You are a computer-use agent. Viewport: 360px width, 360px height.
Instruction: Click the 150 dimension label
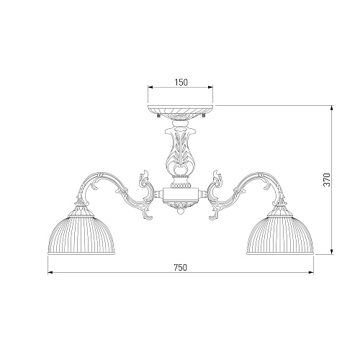(x=181, y=82)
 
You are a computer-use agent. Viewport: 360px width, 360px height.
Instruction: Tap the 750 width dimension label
(x=180, y=267)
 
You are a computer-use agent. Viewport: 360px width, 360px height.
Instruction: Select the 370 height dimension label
(x=327, y=180)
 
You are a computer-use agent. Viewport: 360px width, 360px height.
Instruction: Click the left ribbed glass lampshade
(x=81, y=235)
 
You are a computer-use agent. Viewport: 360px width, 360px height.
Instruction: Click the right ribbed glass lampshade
(x=280, y=235)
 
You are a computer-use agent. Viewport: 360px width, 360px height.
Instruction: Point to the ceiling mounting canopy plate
(x=181, y=110)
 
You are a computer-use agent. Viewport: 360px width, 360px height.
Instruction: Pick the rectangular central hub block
(x=181, y=194)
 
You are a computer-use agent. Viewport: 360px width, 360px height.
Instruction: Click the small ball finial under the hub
(x=181, y=211)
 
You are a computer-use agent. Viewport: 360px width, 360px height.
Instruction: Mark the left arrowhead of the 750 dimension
(x=50, y=272)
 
